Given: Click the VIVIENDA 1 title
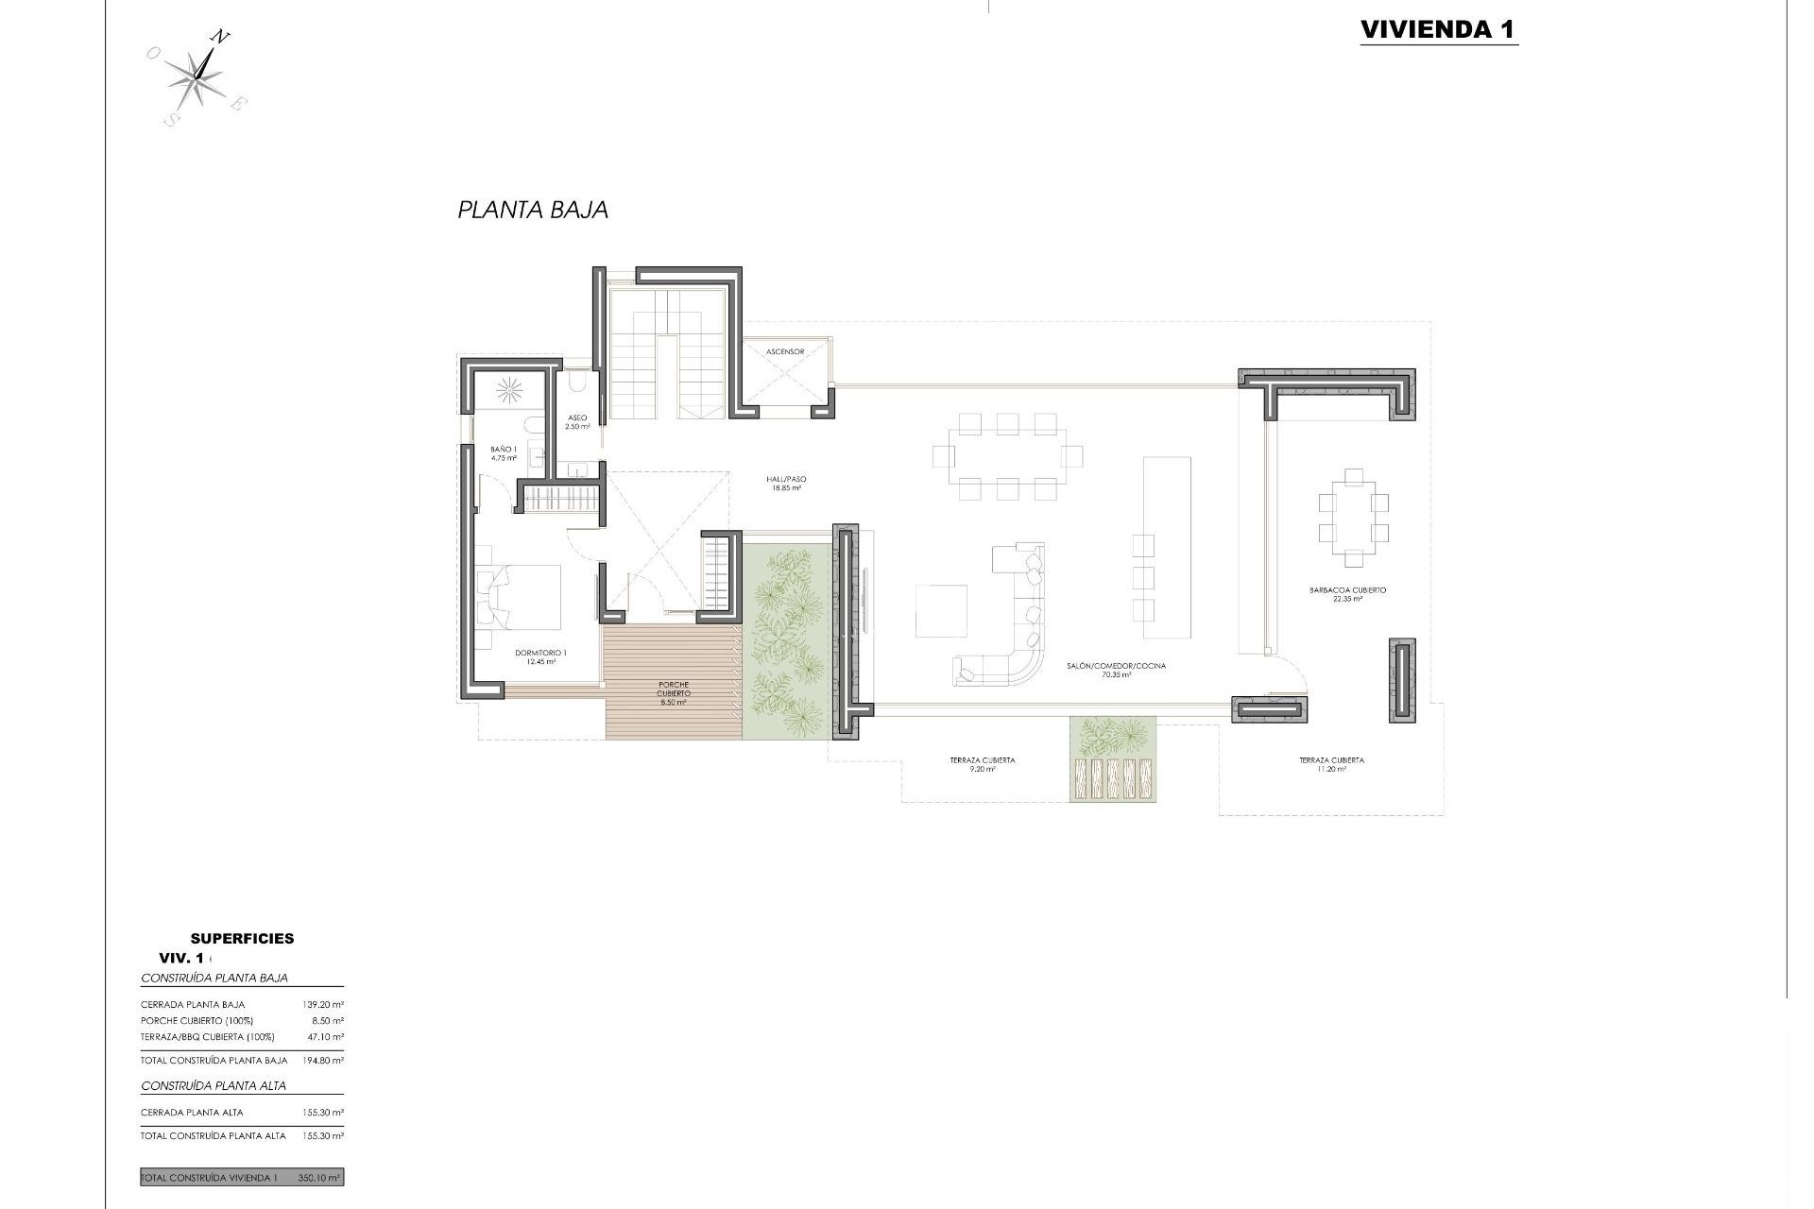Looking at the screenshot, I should (x=1438, y=29).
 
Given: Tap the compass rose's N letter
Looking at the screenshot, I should (x=220, y=38).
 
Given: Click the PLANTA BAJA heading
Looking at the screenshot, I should (x=533, y=210).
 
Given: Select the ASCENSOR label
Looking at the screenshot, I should (x=785, y=352).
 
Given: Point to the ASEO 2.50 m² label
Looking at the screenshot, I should (x=576, y=422).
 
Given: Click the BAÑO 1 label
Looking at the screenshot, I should (x=504, y=453).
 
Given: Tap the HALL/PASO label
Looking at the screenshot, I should (x=785, y=484).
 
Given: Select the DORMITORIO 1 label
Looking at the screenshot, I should (x=540, y=656).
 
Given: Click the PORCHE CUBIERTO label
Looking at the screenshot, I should (x=673, y=692).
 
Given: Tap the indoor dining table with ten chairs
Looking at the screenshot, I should (x=1007, y=456).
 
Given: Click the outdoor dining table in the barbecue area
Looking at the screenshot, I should (x=1353, y=517).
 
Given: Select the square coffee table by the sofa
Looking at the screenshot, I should (x=941, y=611).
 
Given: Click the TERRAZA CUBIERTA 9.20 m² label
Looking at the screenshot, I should (x=983, y=764).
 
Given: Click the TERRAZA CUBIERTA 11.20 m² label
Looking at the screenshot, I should (x=1330, y=764).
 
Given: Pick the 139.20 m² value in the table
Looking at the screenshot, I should (x=326, y=1005).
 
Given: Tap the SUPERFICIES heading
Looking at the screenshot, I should (x=242, y=938).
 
